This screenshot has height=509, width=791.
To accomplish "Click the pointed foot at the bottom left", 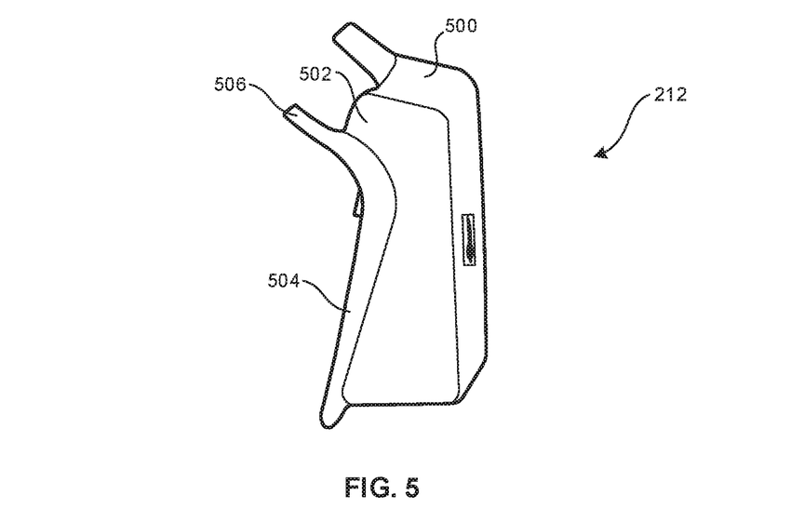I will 328,420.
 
